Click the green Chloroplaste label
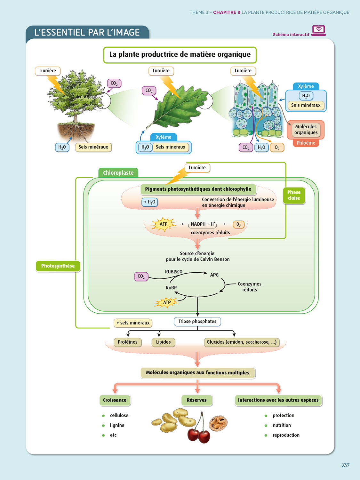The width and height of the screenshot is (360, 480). tap(118, 173)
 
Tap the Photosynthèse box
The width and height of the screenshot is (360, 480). tap(58, 266)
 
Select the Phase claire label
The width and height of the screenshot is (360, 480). tap(294, 195)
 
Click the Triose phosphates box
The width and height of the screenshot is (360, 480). tap(197, 322)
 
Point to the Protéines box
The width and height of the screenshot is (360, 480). tap(127, 342)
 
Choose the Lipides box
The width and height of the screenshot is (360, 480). tap(163, 342)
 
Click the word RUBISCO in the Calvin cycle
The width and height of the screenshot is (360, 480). tap(174, 272)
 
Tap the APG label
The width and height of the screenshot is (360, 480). tap(214, 275)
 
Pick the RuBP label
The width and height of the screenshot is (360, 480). tap(171, 288)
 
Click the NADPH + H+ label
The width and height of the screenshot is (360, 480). tap(203, 224)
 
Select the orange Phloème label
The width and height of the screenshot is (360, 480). tap(306, 143)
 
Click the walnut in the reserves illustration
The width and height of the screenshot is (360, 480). tap(218, 422)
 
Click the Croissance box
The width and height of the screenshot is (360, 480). tap(115, 400)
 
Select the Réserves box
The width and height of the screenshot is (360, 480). tap(196, 400)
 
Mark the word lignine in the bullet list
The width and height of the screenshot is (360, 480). tap(117, 425)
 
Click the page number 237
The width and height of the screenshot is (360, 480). tap(345, 465)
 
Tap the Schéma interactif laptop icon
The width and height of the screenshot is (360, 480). tap(318, 30)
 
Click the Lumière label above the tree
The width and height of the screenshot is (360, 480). tap(48, 71)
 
